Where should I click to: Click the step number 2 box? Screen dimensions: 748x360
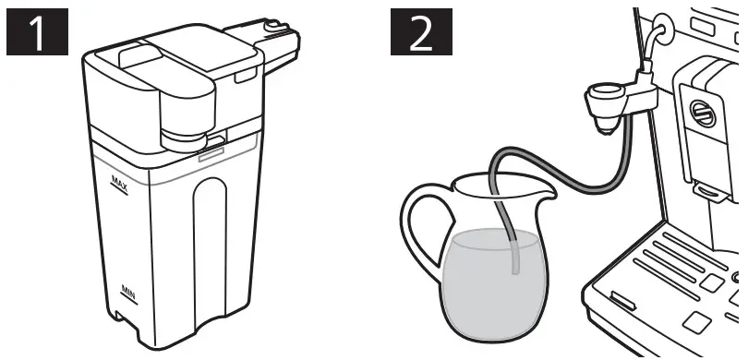click(x=420, y=34)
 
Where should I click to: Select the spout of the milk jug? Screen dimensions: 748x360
click(x=545, y=193)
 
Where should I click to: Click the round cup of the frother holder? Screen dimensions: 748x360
click(x=605, y=94)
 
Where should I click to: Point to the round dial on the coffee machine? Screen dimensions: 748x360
click(x=703, y=114)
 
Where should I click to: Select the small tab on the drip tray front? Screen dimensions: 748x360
click(x=621, y=301)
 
